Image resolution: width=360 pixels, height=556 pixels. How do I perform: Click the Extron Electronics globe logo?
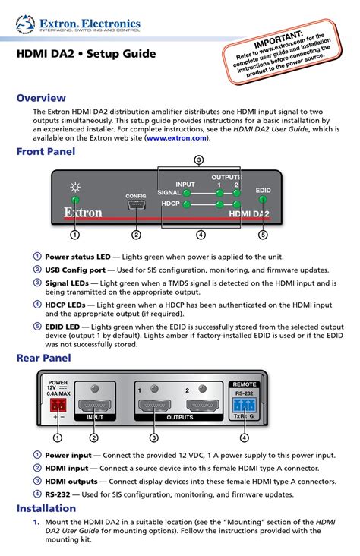coord(25,24)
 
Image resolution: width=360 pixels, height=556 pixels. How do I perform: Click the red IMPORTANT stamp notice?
coord(282,52)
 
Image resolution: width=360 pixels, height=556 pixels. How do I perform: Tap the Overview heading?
coord(41,98)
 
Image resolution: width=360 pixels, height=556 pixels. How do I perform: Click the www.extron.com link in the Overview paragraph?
coord(177,138)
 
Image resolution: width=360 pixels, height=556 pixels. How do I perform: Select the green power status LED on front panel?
coord(75,199)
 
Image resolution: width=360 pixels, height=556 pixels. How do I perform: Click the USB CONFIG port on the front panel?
coord(136,205)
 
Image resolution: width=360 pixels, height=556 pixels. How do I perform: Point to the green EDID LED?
coord(263,199)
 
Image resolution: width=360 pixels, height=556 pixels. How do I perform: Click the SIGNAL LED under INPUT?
coord(187,193)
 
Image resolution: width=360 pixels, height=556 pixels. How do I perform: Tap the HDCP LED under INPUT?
coord(186,204)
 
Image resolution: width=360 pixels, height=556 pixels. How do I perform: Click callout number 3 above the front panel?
coord(199,160)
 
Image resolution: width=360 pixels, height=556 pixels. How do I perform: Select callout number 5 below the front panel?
coord(263,235)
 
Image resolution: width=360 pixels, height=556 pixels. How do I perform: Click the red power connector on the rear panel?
coord(58,405)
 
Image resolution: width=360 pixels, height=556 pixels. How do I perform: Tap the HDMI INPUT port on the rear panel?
coord(94,406)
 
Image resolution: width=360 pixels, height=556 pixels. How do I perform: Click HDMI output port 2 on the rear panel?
coord(203,406)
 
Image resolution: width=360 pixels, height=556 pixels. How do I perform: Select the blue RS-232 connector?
coord(244,405)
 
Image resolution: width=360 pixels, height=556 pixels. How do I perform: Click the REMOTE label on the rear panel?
coord(245,384)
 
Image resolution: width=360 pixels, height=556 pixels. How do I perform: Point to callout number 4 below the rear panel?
coord(244,438)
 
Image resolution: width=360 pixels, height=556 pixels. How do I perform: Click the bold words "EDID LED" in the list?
coord(62,327)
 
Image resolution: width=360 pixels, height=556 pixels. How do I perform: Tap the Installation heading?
coord(46,508)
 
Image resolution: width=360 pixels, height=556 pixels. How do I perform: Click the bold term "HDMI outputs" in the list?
coord(71,481)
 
